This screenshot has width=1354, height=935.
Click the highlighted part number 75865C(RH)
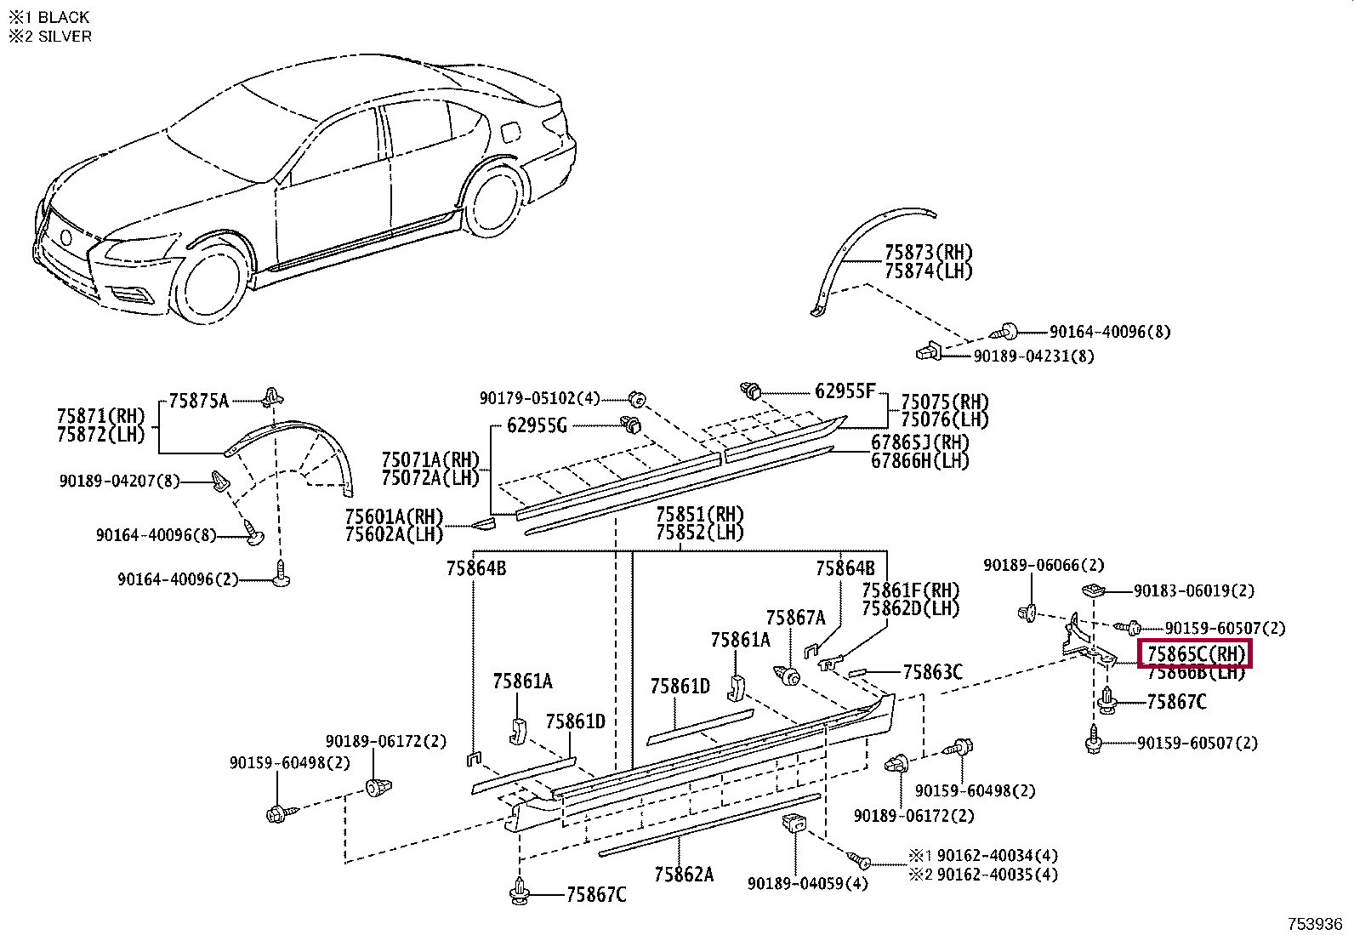click(x=1195, y=654)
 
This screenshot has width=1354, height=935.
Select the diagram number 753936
click(x=1314, y=924)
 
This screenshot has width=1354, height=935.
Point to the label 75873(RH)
click(x=928, y=253)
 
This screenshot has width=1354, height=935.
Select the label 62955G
click(x=536, y=425)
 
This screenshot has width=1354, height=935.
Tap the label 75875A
click(x=198, y=401)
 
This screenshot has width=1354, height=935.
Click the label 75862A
click(x=684, y=875)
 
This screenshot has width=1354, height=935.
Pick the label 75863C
click(x=932, y=673)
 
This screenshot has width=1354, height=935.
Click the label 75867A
click(x=795, y=619)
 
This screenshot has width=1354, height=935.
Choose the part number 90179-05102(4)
click(x=539, y=398)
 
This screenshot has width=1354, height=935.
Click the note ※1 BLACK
click(x=48, y=17)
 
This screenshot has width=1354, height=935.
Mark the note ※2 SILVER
click(x=50, y=37)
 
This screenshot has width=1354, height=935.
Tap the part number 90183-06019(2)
click(x=1193, y=590)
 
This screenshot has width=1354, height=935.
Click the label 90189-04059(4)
click(x=807, y=884)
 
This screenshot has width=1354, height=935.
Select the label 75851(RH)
click(x=699, y=515)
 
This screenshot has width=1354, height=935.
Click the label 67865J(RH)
click(x=919, y=442)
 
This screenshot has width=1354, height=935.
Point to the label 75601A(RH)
click(x=394, y=516)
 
